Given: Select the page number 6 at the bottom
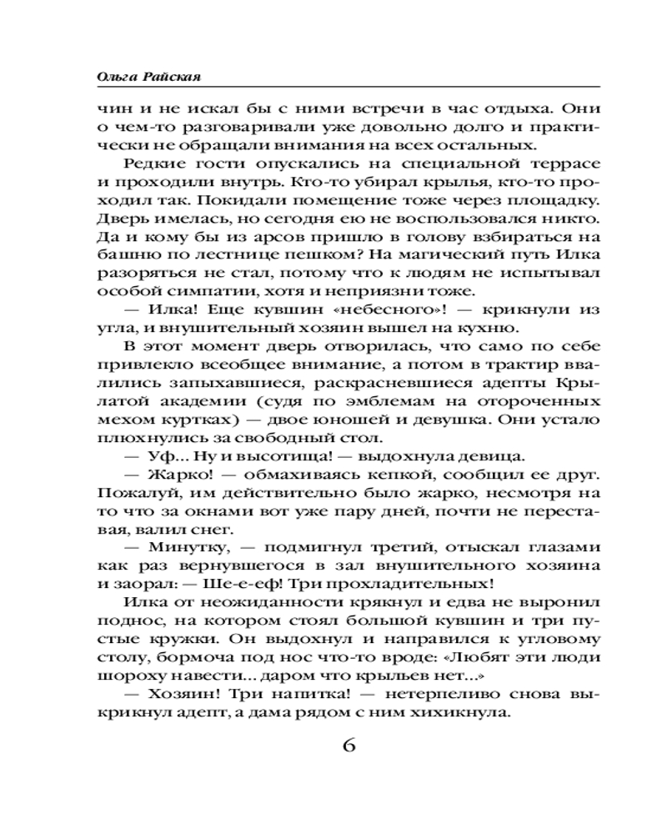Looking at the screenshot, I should [x=349, y=745].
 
